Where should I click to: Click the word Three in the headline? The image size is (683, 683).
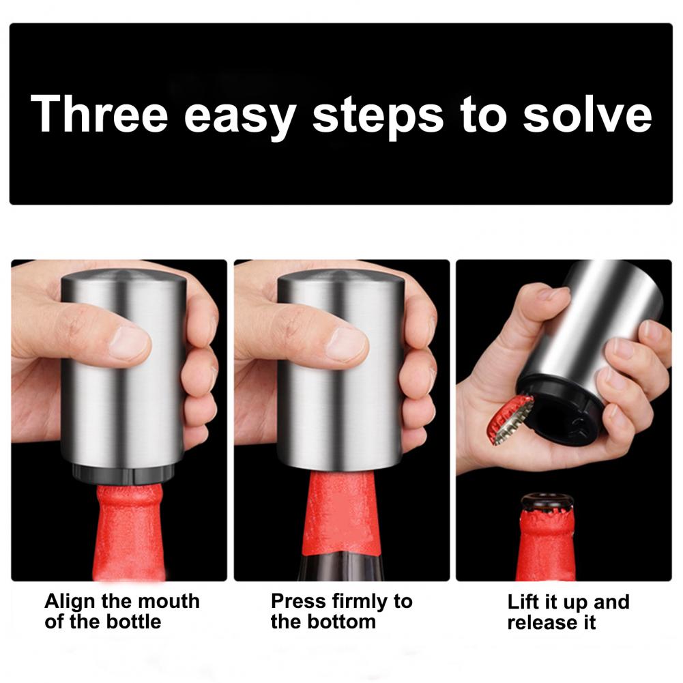(x=100, y=113)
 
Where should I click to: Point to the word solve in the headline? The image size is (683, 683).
(x=587, y=114)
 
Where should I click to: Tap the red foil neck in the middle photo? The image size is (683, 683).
(x=343, y=514)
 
